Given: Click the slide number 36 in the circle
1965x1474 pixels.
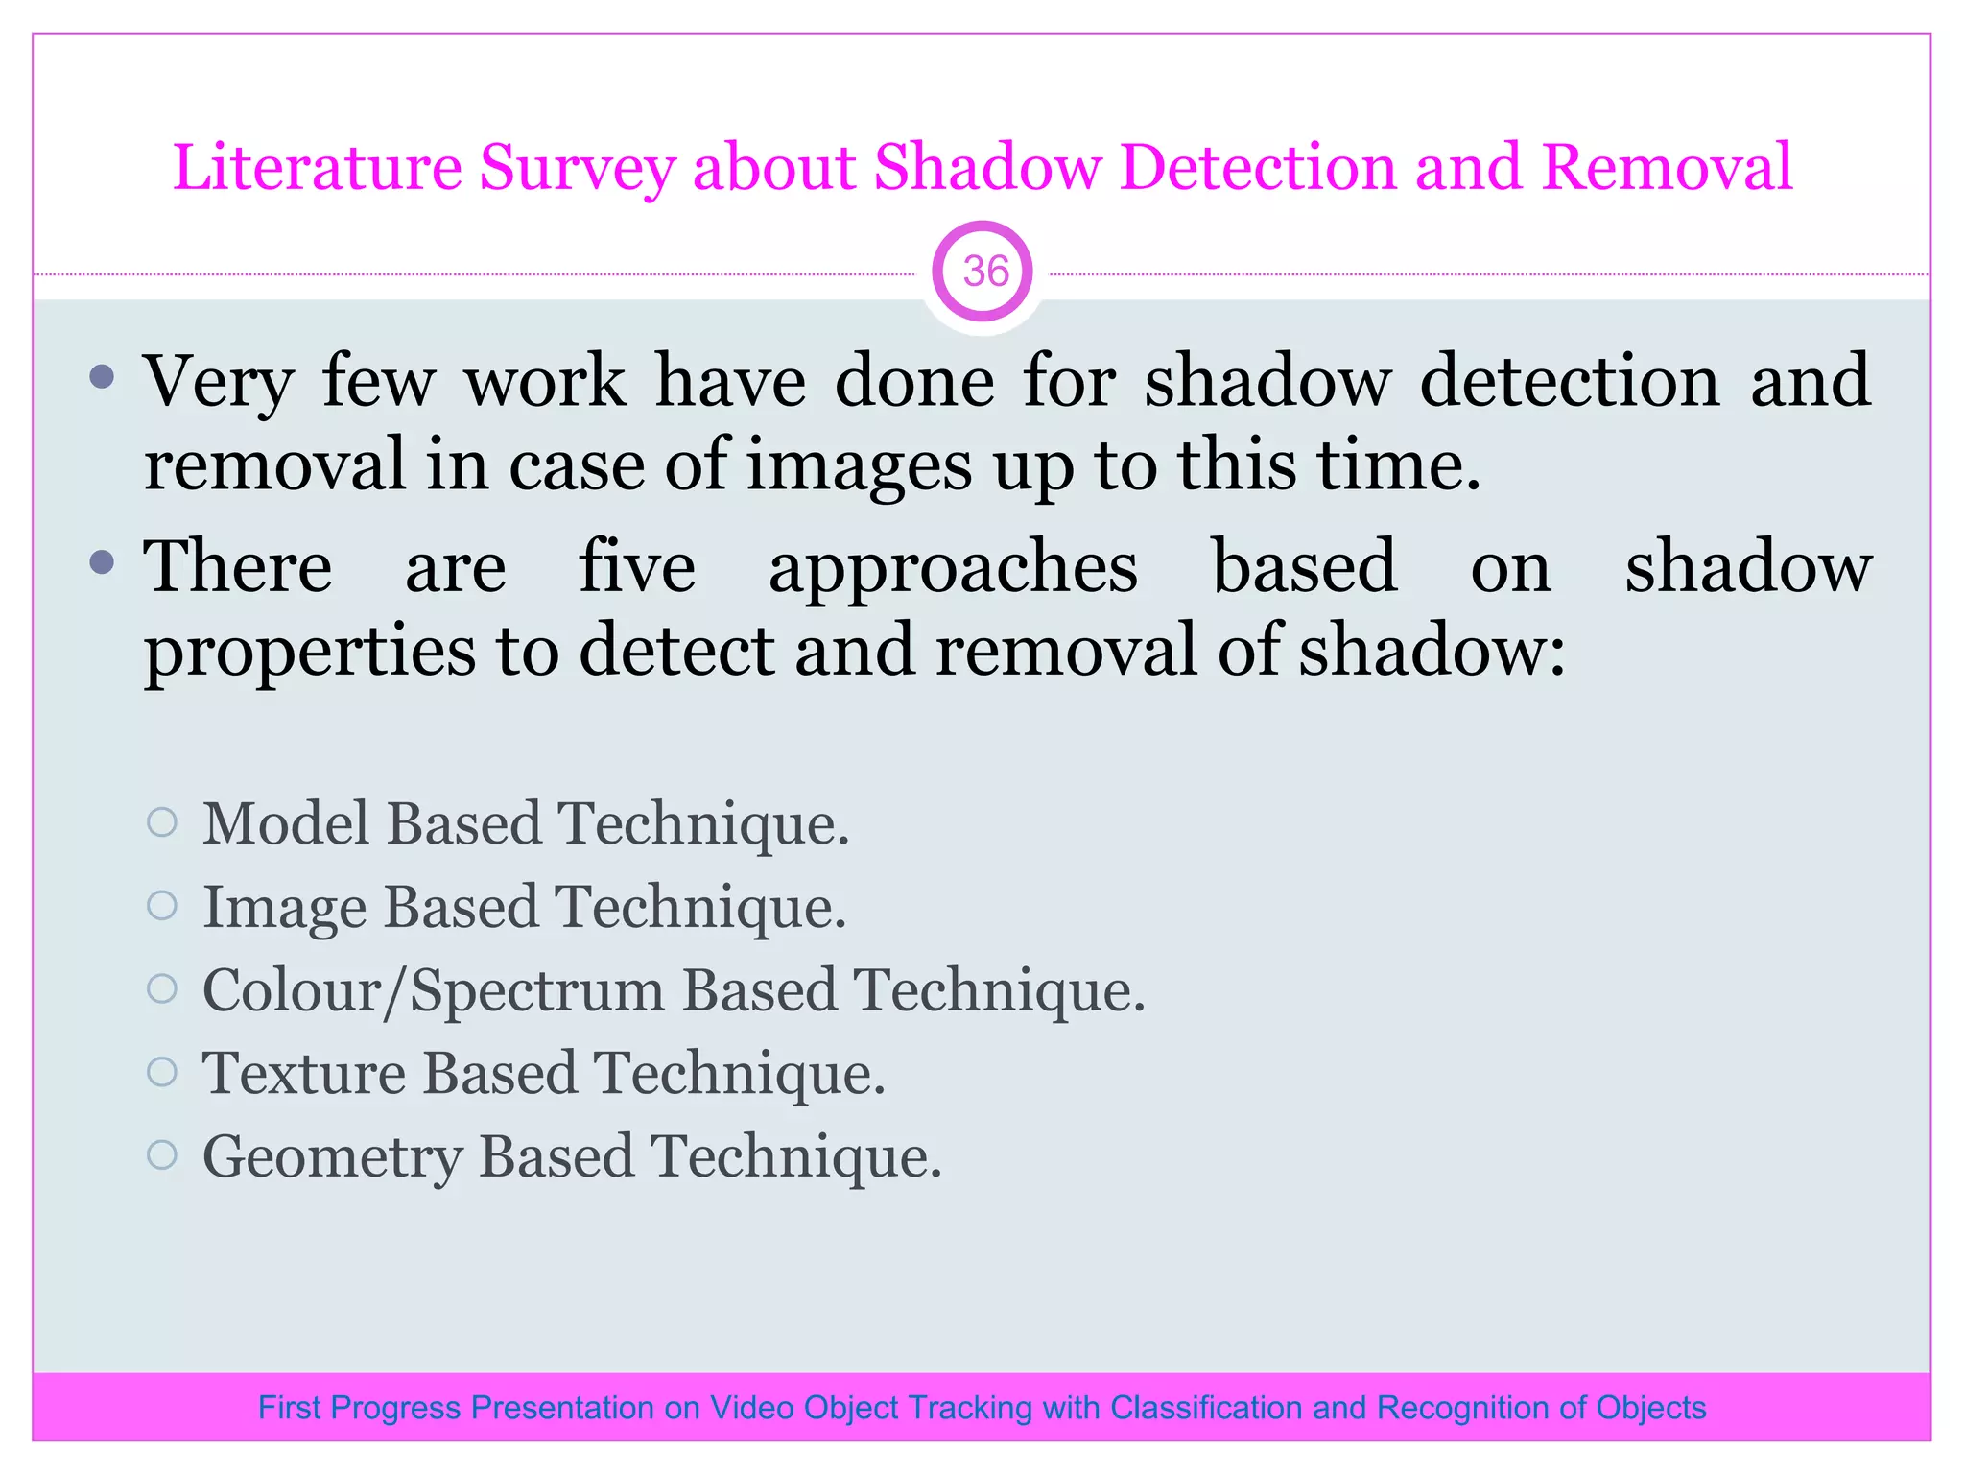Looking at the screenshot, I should (x=984, y=272).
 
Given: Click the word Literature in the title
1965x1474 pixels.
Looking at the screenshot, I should (x=317, y=167).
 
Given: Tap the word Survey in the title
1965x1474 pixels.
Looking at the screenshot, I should (x=577, y=169).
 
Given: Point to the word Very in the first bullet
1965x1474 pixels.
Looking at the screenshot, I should (x=218, y=382).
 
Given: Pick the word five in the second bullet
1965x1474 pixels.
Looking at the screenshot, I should (x=637, y=567).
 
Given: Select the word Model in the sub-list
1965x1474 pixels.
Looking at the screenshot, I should (x=286, y=823).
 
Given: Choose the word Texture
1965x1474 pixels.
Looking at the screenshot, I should (x=304, y=1073).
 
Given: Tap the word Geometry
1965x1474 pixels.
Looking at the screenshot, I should (x=332, y=1157).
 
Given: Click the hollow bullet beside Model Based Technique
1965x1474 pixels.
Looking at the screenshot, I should (x=163, y=822).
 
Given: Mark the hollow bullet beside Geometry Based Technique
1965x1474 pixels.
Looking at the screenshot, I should (x=163, y=1154).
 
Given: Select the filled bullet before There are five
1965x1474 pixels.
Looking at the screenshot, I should (x=102, y=561).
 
